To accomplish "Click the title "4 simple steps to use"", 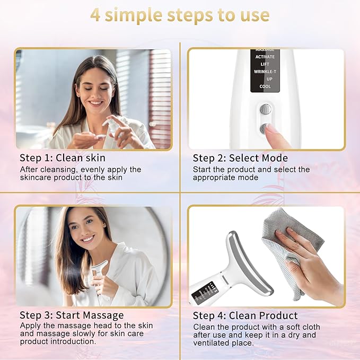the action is (180, 15).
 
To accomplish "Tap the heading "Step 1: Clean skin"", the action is (63, 157).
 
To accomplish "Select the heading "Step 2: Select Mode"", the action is (240, 158).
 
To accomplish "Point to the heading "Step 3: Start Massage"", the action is (72, 315).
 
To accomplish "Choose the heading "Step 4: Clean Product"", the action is (245, 315).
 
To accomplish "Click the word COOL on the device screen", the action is (265, 86).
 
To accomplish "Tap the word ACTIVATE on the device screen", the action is (265, 57).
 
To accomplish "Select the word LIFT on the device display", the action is (265, 64).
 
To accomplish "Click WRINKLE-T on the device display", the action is (265, 72).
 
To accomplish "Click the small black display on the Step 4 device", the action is (204, 292).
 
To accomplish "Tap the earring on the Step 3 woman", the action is (106, 226).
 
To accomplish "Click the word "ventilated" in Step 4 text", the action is (221, 343).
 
